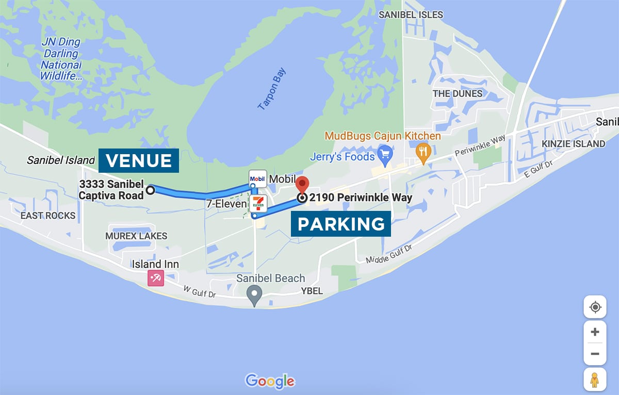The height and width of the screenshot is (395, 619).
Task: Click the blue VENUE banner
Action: click(x=139, y=160)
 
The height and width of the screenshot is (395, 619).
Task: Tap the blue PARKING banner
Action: click(x=341, y=224)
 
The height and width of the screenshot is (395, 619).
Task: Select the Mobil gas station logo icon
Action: click(x=257, y=178)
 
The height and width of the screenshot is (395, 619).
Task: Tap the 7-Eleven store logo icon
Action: click(x=258, y=204)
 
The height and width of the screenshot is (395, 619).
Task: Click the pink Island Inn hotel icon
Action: click(x=155, y=278)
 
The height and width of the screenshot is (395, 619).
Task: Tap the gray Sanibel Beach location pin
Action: click(x=254, y=295)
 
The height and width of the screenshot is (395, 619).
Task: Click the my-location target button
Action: click(x=595, y=307)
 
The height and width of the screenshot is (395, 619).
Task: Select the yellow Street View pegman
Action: click(x=595, y=380)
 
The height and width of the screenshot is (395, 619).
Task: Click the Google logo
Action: click(x=270, y=381)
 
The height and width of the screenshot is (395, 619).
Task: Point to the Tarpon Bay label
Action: click(x=271, y=89)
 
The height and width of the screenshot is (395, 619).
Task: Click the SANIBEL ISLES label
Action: click(x=411, y=15)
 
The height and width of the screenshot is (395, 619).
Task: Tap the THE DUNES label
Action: click(x=458, y=94)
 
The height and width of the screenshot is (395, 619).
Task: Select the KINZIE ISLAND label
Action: click(x=574, y=144)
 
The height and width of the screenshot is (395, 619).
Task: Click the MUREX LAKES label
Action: click(x=136, y=236)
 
